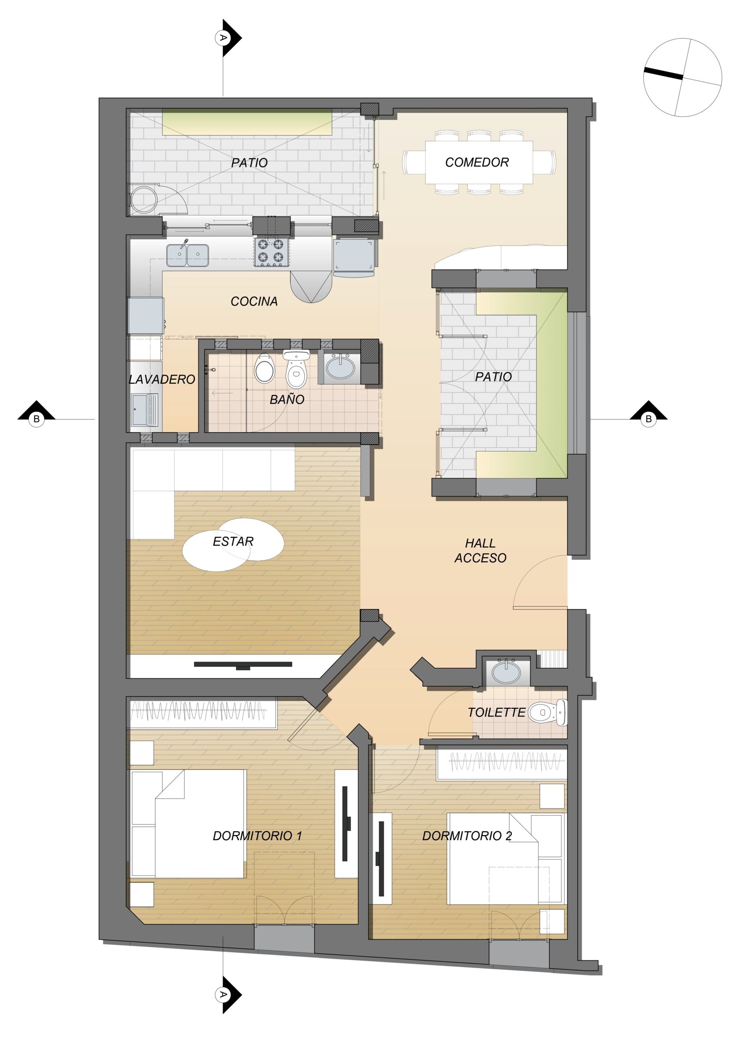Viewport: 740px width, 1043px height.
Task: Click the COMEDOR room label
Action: click(477, 162)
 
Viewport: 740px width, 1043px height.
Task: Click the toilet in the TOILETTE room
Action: click(548, 712)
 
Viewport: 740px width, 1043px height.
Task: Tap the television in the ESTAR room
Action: click(243, 665)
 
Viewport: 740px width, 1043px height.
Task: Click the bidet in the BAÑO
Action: click(265, 368)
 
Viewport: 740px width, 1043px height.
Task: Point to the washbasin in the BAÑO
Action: click(340, 367)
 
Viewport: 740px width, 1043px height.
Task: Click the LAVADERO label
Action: click(162, 379)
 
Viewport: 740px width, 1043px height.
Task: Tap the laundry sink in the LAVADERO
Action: click(144, 409)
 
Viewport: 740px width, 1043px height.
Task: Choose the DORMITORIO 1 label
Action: click(257, 836)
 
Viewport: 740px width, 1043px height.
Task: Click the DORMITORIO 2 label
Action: click(467, 836)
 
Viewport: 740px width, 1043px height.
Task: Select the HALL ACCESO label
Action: click(480, 551)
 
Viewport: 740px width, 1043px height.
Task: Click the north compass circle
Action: click(682, 77)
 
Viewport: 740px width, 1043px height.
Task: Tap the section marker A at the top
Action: click(228, 38)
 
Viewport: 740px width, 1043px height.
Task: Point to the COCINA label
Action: click(254, 301)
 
